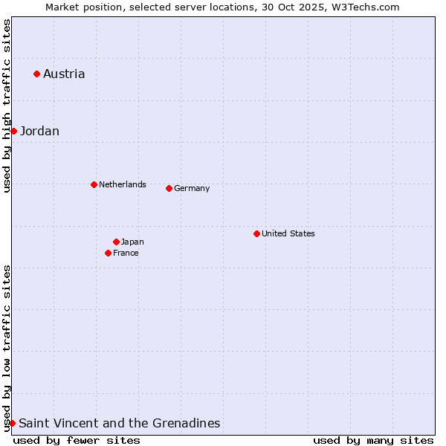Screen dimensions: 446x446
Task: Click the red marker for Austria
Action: tap(36, 74)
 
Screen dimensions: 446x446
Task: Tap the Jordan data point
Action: tap(13, 131)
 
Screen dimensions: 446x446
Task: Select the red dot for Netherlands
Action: tap(94, 184)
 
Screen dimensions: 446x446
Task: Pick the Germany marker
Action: tap(169, 188)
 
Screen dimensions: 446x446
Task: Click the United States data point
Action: tap(256, 233)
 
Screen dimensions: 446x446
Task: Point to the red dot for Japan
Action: tap(116, 242)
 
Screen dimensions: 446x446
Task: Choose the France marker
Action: tap(108, 253)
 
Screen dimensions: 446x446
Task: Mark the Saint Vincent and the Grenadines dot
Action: tap(12, 423)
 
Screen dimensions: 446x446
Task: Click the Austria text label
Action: tap(64, 74)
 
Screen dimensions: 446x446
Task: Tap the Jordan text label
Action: tap(39, 132)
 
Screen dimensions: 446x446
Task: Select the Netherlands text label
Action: tap(123, 184)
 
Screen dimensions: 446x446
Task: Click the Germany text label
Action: tap(192, 188)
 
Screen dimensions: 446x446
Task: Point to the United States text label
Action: tap(288, 233)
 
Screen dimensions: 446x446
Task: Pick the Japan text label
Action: tap(132, 242)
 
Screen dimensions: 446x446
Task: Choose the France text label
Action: tap(126, 253)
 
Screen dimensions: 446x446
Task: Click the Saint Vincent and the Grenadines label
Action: tap(120, 424)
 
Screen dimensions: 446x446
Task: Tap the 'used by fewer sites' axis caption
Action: tap(77, 440)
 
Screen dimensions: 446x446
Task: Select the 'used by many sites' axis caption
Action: tap(373, 440)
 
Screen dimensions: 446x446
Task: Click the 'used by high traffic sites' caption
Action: tap(7, 106)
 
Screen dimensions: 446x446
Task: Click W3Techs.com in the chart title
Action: tap(364, 7)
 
